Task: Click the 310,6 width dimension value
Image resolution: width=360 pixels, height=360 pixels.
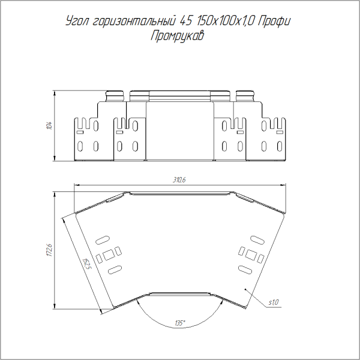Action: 179,180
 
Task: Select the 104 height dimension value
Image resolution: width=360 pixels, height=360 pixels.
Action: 49,125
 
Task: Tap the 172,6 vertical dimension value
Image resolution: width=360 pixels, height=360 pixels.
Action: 49,250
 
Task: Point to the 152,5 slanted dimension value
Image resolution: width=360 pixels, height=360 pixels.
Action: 87,264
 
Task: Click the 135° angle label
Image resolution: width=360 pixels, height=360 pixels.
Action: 180,323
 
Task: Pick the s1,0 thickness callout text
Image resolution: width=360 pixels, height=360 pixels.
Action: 274,302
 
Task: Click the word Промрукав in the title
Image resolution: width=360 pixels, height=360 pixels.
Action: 177,36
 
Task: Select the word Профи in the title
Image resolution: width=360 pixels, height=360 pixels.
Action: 274,22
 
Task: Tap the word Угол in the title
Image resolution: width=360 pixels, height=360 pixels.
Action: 77,21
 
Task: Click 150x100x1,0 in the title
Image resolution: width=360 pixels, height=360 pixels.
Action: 224,21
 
